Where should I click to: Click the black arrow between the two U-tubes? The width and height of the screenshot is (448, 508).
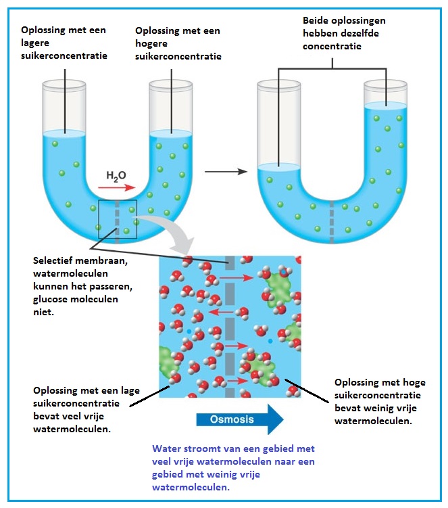tap(225, 171)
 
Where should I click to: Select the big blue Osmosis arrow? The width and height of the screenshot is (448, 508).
tap(239, 419)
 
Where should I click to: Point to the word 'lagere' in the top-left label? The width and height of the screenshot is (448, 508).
tap(35, 43)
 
